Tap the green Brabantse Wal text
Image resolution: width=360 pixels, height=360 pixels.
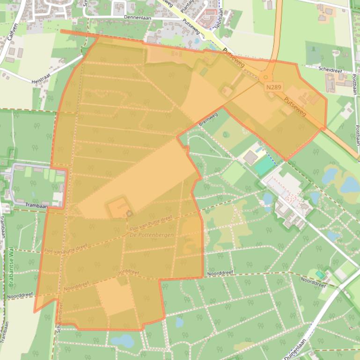(11, 266)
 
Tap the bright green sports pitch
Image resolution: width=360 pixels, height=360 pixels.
(264, 165)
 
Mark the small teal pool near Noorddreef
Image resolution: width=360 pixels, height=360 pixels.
(320, 274)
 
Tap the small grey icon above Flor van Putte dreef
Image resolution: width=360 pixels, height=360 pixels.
(129, 213)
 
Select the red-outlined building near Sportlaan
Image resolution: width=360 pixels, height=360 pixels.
(206, 19)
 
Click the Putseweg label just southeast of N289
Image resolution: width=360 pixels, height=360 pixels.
(295, 106)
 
